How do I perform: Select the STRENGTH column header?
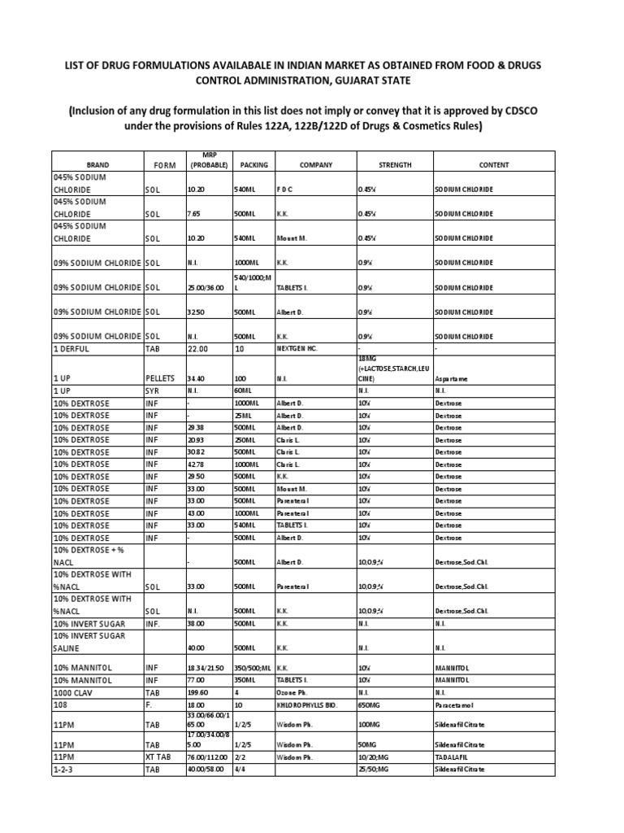[x=395, y=164]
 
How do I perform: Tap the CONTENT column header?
[x=493, y=164]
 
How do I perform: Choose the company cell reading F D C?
[x=284, y=189]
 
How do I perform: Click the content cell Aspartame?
[x=452, y=378]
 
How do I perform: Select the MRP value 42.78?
[x=197, y=464]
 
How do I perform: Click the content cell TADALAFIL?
[x=453, y=757]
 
